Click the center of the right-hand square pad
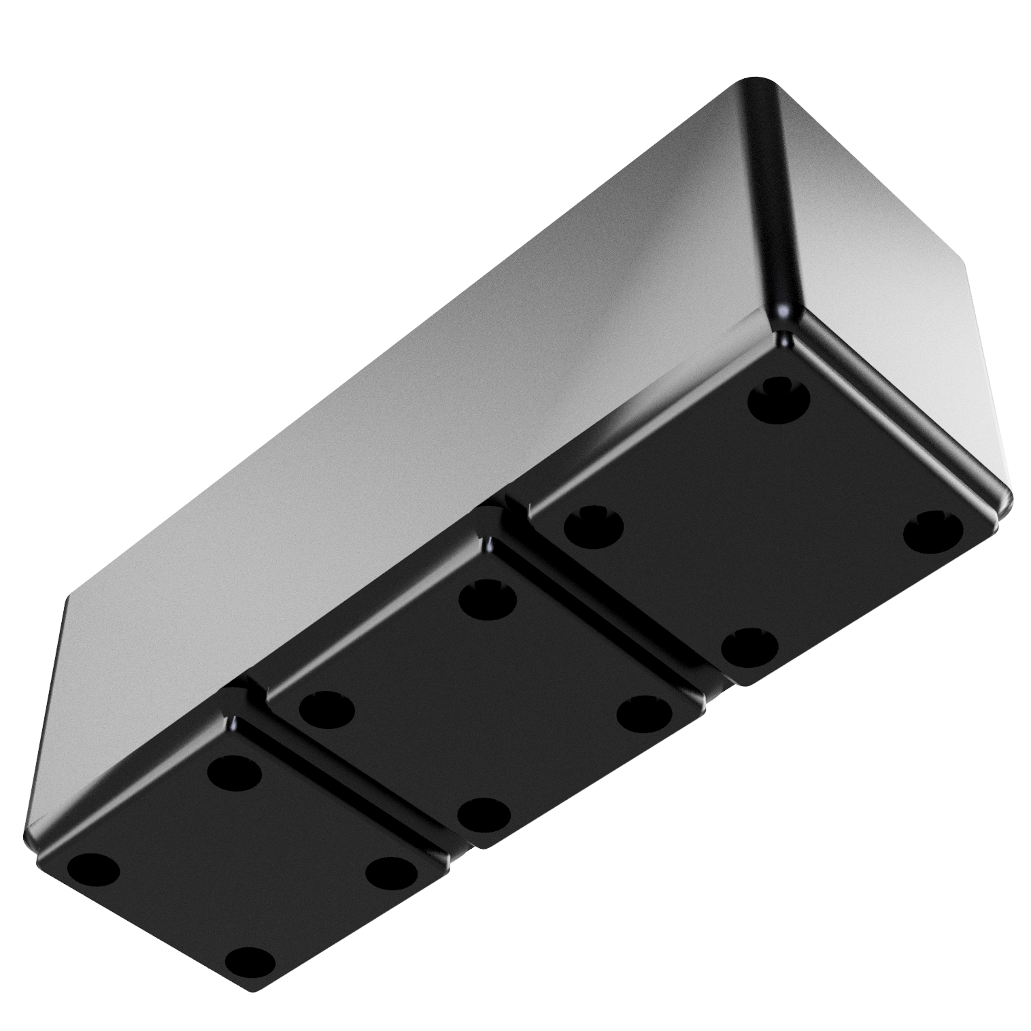point(763,524)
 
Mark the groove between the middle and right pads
point(612,612)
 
